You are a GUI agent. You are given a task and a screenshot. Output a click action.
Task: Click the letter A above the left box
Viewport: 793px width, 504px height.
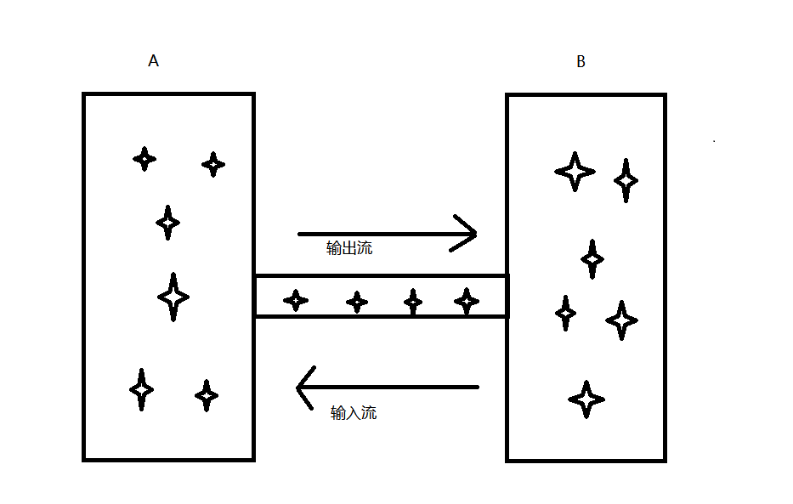154,61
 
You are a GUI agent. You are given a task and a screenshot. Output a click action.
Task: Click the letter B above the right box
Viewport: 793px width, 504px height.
581,62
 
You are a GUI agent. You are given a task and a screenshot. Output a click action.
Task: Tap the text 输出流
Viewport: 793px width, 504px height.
349,249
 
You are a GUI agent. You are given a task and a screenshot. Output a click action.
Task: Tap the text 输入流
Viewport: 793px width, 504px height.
354,413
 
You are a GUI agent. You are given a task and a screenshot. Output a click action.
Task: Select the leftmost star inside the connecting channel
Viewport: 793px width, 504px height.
296,300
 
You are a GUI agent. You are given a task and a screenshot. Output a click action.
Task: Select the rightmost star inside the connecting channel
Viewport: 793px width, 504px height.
467,301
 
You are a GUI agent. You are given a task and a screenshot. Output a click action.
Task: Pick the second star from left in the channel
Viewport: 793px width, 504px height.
357,301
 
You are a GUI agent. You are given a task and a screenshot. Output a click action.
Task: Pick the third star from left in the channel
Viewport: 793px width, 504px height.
413,302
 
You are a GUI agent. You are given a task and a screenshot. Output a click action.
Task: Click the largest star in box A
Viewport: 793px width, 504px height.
173,297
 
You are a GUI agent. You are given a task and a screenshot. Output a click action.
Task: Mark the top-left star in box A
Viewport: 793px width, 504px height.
144,158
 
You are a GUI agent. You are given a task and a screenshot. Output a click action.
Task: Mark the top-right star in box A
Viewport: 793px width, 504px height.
213,164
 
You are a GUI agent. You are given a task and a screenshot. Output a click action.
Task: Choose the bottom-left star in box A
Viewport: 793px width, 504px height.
142,389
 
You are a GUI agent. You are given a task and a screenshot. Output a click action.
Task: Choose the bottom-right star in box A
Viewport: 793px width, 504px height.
207,395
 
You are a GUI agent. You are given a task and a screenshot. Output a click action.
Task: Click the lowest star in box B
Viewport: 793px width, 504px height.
586,399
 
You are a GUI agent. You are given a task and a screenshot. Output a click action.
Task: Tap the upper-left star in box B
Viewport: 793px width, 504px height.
575,171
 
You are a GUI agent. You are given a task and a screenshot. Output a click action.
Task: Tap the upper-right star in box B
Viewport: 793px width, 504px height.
626,180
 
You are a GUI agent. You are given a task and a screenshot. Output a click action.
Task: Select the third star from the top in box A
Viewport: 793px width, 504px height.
168,223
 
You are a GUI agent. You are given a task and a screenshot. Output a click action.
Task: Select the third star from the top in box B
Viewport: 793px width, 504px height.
592,258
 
